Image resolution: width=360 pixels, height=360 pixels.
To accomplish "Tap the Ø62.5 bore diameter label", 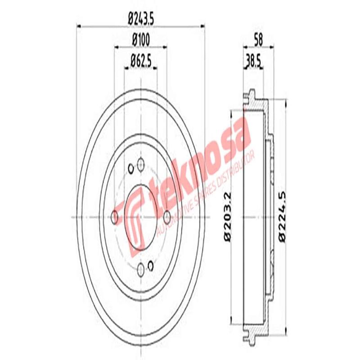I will (x=140, y=60).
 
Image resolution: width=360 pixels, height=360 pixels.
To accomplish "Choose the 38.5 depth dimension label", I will (x=252, y=60).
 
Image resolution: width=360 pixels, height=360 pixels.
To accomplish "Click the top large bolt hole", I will (x=141, y=164).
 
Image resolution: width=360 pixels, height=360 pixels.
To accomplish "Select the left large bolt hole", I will (x=115, y=217).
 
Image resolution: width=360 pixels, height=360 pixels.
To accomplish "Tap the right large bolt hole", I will (x=167, y=217).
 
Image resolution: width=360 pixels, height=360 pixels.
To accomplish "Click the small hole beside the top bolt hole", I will (x=131, y=169).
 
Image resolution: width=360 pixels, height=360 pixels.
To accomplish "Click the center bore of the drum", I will (x=141, y=217).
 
